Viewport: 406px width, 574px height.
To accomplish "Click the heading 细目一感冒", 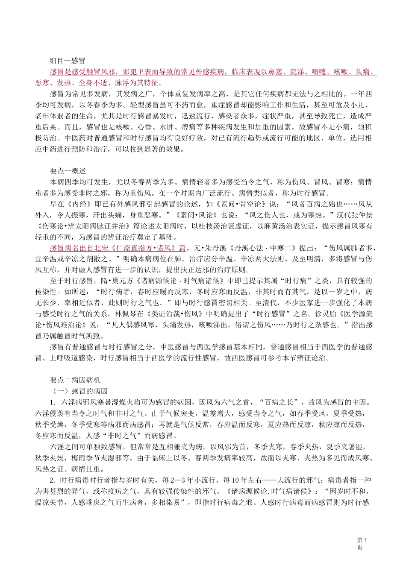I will (68, 61).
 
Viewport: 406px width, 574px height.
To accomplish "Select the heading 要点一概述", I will (68, 171).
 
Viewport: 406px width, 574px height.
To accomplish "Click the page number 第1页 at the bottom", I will (362, 544).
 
